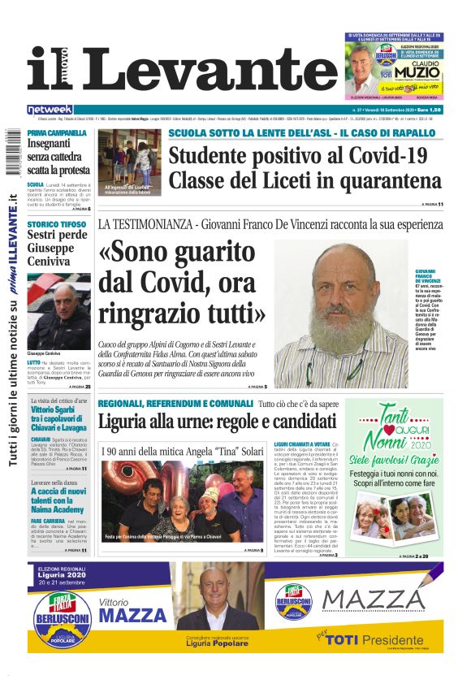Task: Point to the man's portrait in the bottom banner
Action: pyautogui.click(x=216, y=600)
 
